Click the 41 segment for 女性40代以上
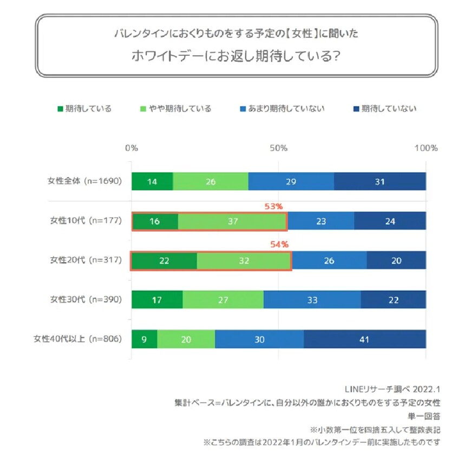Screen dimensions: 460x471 (364, 340)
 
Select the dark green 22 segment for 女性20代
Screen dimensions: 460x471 (165, 260)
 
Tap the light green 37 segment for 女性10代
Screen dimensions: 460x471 (233, 221)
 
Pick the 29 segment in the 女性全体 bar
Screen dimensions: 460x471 (291, 182)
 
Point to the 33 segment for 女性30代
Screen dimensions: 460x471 (312, 300)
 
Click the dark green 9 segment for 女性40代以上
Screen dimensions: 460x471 (145, 340)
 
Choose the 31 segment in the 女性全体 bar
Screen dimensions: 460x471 (380, 182)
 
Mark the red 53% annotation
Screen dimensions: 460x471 (274, 206)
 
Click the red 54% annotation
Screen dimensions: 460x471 (279, 245)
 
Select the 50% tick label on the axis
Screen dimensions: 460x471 (278, 148)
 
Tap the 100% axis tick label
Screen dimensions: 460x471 (426, 148)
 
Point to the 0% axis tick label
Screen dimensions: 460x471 (132, 148)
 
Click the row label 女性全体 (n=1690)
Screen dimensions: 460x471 (84, 181)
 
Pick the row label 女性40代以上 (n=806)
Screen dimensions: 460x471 (77, 339)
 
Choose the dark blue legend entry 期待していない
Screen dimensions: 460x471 (389, 109)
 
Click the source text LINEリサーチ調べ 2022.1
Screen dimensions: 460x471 (392, 389)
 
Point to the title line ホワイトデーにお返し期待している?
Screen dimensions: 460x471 (236, 56)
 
